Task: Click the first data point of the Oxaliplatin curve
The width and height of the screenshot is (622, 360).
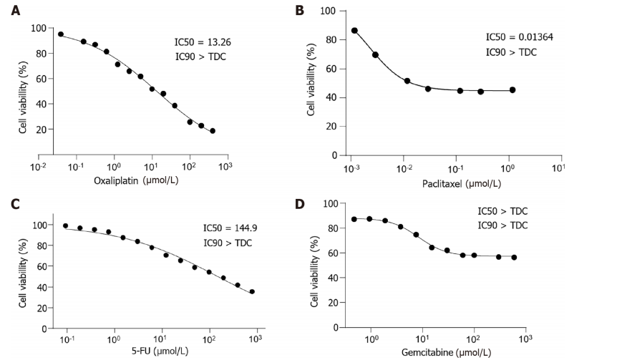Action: [x=61, y=34]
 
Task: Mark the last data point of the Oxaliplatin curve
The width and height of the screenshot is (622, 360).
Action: [x=213, y=131]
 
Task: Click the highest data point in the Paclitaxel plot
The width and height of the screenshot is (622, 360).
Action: [x=354, y=31]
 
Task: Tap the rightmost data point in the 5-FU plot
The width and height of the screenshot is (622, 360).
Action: [x=252, y=291]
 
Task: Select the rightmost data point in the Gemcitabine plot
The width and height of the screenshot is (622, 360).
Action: [x=514, y=258]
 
